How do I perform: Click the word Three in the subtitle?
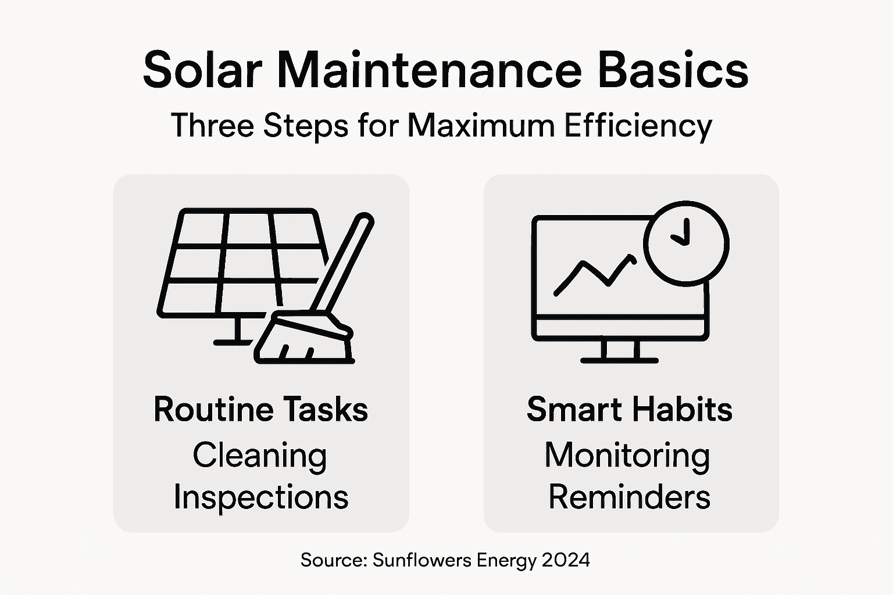click(212, 126)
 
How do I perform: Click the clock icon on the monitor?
click(686, 243)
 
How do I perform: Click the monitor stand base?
click(619, 360)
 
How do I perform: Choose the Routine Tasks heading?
click(260, 410)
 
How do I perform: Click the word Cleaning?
click(259, 455)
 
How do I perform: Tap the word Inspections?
click(260, 497)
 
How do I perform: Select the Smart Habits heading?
click(629, 410)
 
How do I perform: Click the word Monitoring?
click(627, 455)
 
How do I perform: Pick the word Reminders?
click(629, 497)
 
